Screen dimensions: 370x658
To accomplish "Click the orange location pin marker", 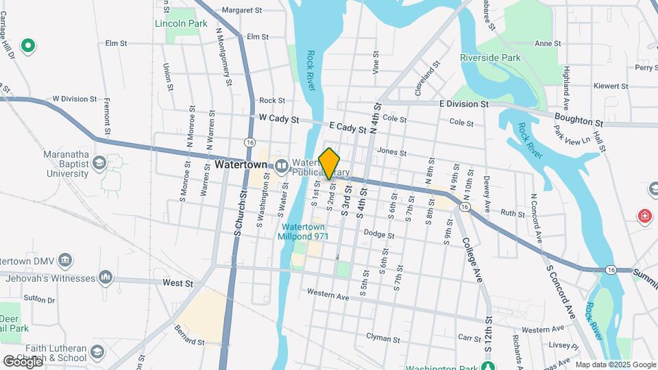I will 330,163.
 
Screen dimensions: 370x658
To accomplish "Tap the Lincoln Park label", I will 181,23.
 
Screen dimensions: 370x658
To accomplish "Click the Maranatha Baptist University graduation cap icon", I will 99,162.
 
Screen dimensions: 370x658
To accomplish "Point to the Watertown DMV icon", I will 64,260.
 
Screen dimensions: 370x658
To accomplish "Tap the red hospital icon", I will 644,217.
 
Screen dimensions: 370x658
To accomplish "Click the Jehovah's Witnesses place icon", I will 105,277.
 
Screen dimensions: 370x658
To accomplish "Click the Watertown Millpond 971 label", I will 303,232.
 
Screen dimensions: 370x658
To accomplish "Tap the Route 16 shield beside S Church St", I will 249,142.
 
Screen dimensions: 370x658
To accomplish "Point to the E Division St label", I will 463,104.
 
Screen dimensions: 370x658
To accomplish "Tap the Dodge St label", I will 379,234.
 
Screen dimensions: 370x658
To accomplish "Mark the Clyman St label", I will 382,338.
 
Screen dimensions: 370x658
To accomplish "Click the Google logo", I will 23,361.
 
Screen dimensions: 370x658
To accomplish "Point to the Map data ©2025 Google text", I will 616,365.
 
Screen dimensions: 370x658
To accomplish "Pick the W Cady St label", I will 279,119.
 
